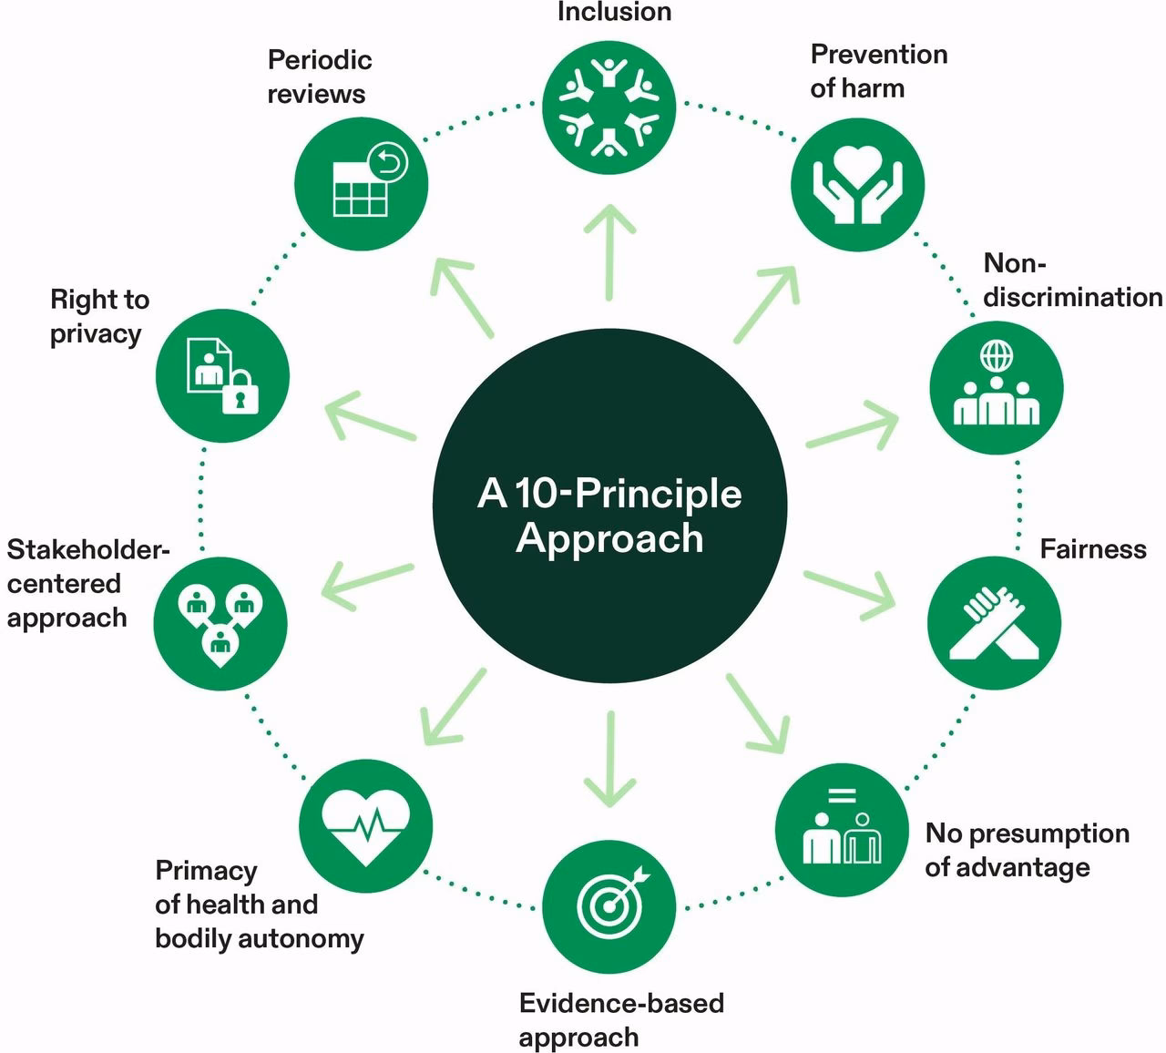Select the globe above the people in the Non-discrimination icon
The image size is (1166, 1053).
pyautogui.click(x=996, y=353)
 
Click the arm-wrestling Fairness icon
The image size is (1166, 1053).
pyautogui.click(x=994, y=623)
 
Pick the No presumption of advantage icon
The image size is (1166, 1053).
pyautogui.click(x=842, y=828)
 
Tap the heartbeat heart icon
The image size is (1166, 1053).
pyautogui.click(x=365, y=825)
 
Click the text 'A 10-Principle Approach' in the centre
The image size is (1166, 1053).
pyautogui.click(x=609, y=516)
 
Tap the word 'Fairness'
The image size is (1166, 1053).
pyautogui.click(x=1092, y=549)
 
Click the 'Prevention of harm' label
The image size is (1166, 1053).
pyautogui.click(x=878, y=71)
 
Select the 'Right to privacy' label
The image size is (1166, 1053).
pyautogui.click(x=98, y=316)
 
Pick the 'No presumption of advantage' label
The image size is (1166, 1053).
pyautogui.click(x=1027, y=850)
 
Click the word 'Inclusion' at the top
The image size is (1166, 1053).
pyautogui.click(x=614, y=13)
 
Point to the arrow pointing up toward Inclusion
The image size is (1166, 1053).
pyautogui.click(x=609, y=251)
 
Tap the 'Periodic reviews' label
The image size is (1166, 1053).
pyautogui.click(x=319, y=77)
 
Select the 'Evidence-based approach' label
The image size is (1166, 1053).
pyautogui.click(x=621, y=1020)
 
